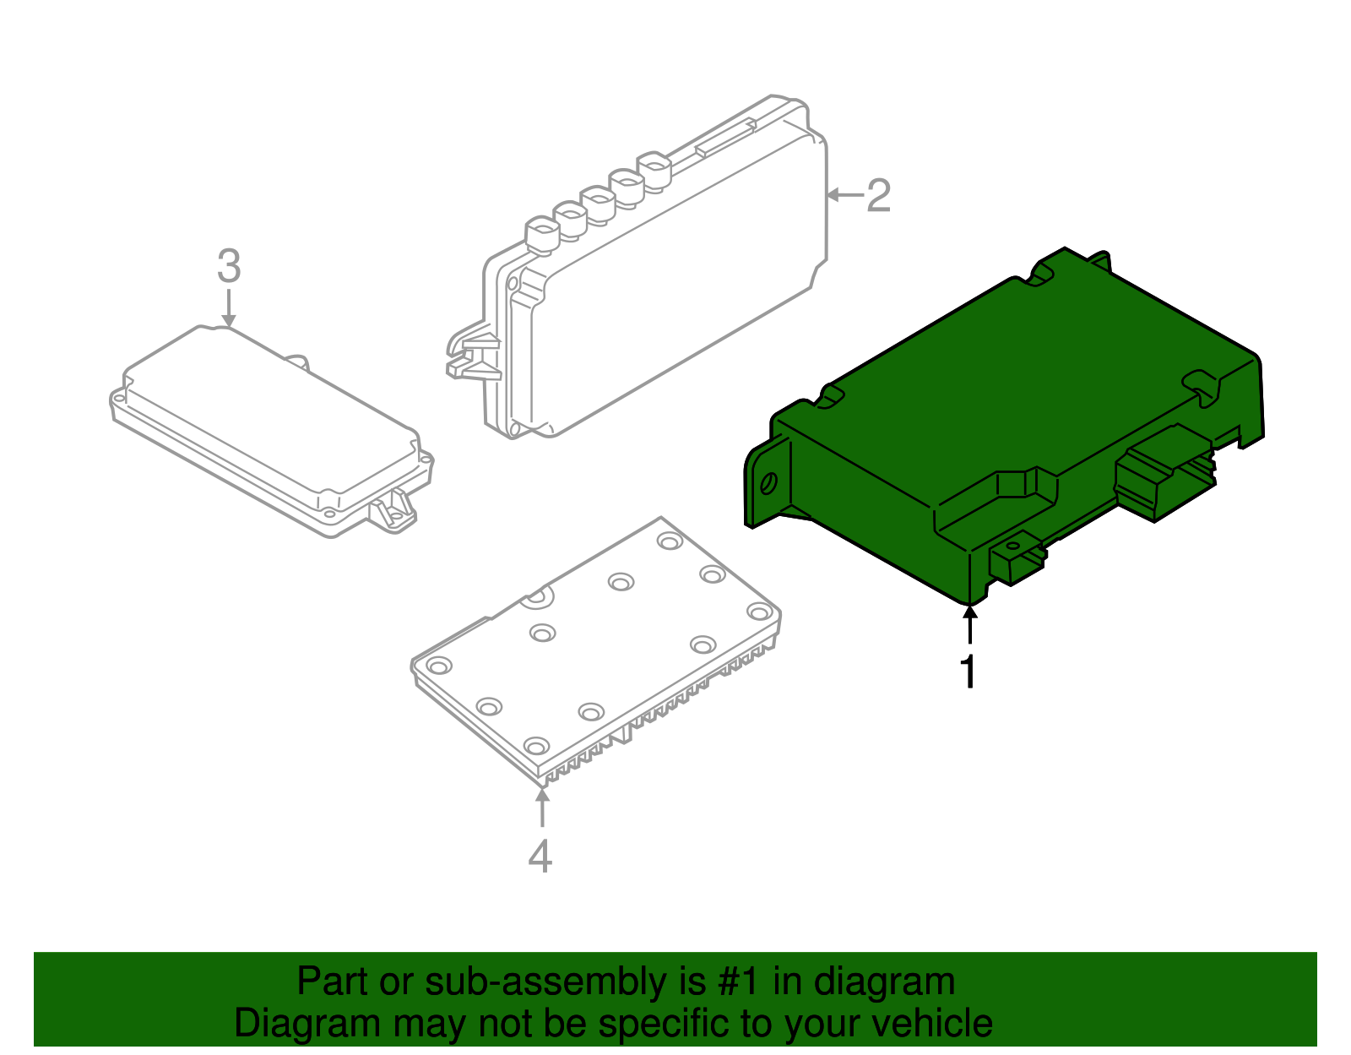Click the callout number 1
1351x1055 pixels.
pyautogui.click(x=968, y=672)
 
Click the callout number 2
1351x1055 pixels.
pyautogui.click(x=878, y=196)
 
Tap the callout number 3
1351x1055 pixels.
pyautogui.click(x=229, y=266)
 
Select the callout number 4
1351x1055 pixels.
pyautogui.click(x=540, y=856)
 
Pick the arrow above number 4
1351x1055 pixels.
pyautogui.click(x=541, y=807)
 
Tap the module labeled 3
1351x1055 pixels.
pyautogui.click(x=270, y=422)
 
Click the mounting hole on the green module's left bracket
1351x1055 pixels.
pyautogui.click(x=768, y=484)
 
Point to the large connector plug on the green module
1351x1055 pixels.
pyautogui.click(x=1161, y=473)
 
